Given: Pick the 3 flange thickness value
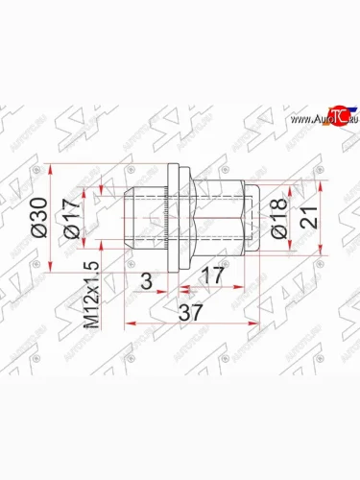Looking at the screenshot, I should (x=146, y=280).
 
